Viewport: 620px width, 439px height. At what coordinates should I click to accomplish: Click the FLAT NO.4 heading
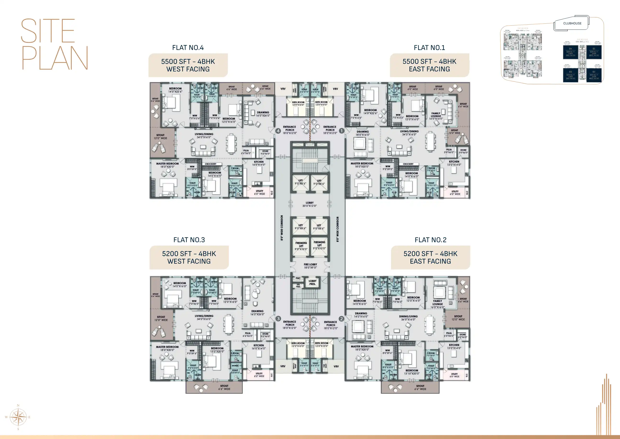(188, 48)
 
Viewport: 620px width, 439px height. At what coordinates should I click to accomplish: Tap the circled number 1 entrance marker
(342, 131)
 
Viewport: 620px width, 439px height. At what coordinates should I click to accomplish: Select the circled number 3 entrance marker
(278, 319)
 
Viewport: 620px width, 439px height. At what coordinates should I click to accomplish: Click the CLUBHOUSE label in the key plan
(572, 23)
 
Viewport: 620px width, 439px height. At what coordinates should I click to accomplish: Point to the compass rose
(18, 417)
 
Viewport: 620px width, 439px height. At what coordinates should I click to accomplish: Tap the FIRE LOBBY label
(310, 266)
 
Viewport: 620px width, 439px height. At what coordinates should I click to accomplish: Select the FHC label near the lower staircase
(298, 278)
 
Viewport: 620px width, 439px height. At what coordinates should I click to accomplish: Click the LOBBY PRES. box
(312, 282)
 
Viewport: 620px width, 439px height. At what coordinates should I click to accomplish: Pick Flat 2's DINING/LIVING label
(408, 318)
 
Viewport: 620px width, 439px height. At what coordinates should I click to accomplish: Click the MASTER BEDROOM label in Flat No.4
(167, 165)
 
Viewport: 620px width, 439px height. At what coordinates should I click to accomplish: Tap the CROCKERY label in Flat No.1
(408, 164)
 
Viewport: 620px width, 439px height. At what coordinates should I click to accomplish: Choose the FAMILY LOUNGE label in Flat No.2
(437, 304)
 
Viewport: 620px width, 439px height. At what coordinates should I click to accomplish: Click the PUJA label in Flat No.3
(248, 334)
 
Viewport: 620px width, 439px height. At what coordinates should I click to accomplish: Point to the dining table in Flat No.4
(231, 144)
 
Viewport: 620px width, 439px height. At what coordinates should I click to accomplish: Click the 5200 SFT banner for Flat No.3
(189, 257)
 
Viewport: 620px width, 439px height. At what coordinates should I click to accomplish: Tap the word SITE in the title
(48, 31)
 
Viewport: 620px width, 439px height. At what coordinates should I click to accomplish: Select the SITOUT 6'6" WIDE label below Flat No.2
(420, 387)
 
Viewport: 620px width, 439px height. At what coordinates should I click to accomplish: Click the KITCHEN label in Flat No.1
(454, 163)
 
